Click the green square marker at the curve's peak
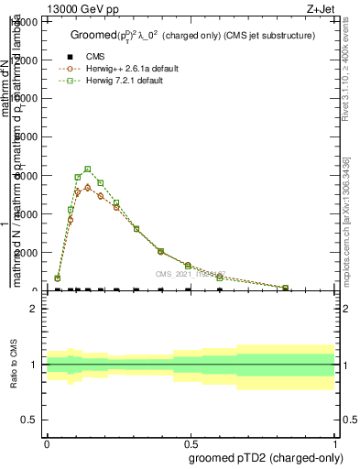[87, 169]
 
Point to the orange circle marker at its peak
[87, 187]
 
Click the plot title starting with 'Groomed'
[191, 35]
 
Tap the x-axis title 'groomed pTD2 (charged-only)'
[262, 457]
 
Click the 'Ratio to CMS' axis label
[15, 365]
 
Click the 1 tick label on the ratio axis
[34, 365]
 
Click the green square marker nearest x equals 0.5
[188, 265]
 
